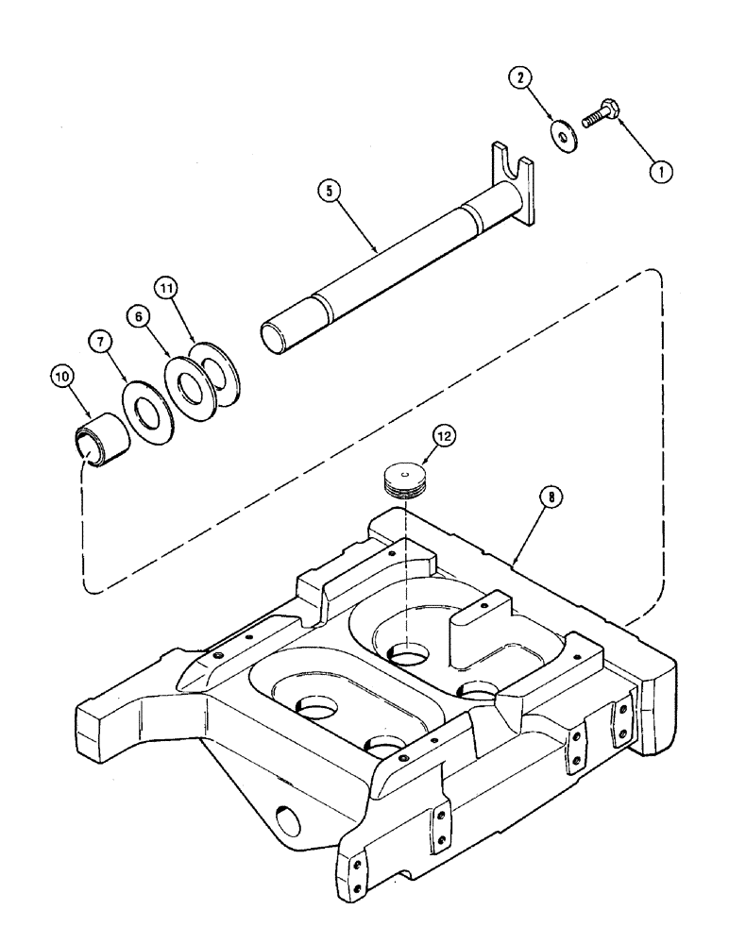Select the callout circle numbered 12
(x=445, y=436)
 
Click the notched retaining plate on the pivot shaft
(x=513, y=186)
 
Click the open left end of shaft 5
(x=276, y=337)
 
